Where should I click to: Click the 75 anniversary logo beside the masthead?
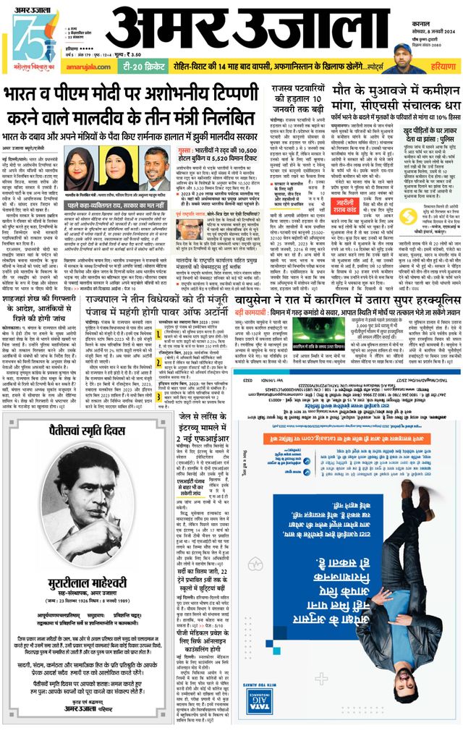(27, 36)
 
